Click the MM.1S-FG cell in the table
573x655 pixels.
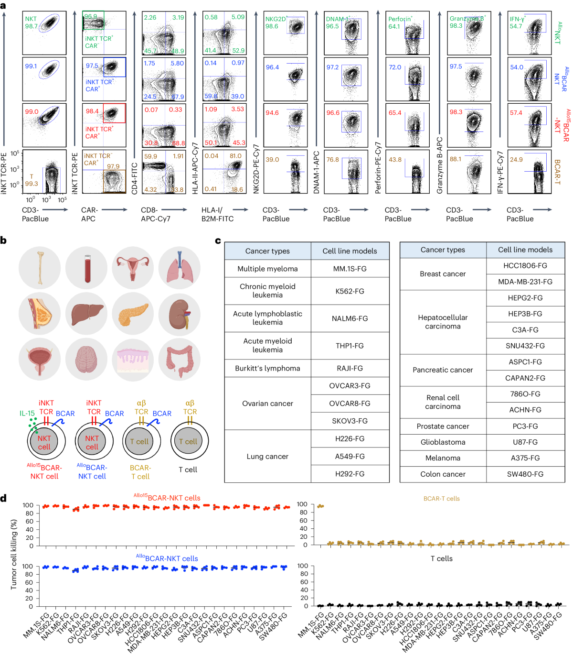click(x=350, y=269)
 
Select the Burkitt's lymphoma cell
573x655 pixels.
click(x=267, y=368)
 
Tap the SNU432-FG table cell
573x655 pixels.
click(x=525, y=346)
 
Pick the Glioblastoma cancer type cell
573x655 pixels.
click(x=443, y=442)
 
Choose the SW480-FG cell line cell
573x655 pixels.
click(x=525, y=474)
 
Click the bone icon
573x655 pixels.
click(x=40, y=268)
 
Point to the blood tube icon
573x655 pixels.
click(x=86, y=268)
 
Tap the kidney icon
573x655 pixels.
click(x=180, y=315)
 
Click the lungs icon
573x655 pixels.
click(x=180, y=268)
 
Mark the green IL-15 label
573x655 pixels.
click(x=27, y=414)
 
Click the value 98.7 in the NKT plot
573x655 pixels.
click(x=32, y=26)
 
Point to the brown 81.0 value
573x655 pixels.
click(x=235, y=156)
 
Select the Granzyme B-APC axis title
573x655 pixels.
click(x=440, y=165)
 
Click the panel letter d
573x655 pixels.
click(x=4, y=498)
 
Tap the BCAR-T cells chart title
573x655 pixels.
click(x=442, y=499)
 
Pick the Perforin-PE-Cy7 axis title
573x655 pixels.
click(x=378, y=167)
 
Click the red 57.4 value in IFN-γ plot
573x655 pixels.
click(x=516, y=113)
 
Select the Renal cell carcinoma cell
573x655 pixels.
click(x=443, y=402)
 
